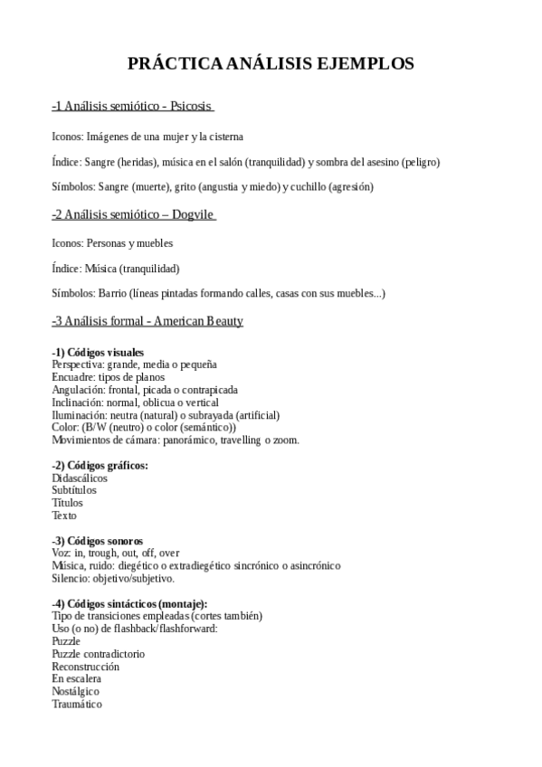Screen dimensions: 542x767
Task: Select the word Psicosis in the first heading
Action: pos(191,107)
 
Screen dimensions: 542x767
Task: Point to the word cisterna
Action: pos(226,137)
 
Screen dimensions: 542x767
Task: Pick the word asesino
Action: pos(372,162)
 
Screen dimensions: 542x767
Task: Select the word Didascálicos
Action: pos(80,478)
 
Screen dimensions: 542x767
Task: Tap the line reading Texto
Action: pos(64,516)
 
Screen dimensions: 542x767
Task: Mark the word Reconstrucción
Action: pos(85,667)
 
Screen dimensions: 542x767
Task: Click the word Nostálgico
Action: pos(76,691)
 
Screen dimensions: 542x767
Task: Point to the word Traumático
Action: pos(77,704)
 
